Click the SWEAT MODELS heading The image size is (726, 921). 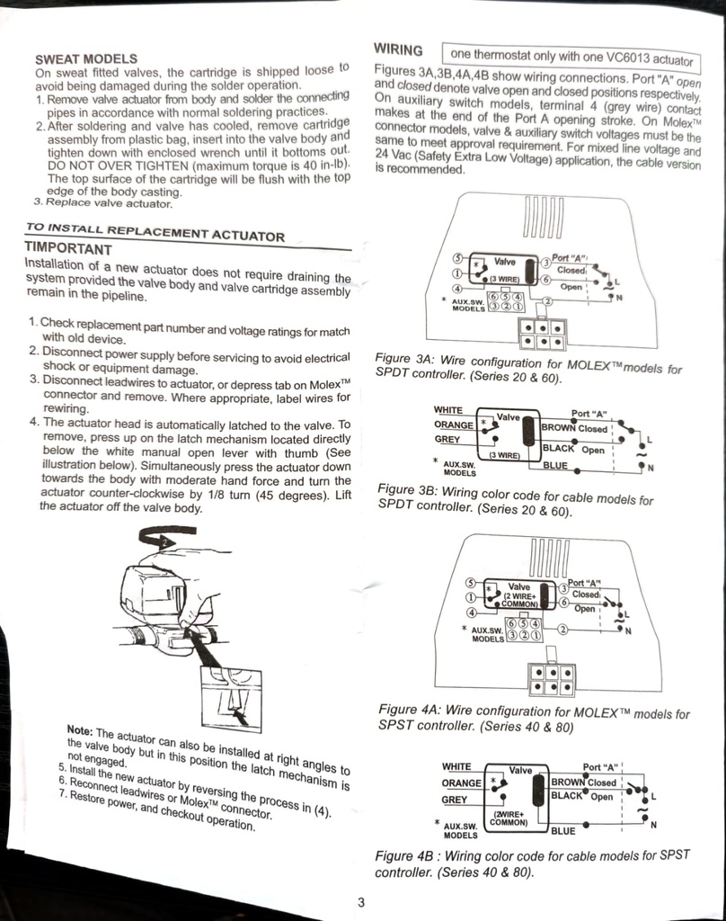click(86, 58)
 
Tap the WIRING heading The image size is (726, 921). click(398, 50)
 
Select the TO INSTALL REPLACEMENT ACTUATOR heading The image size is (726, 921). click(155, 232)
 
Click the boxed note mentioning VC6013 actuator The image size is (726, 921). click(571, 58)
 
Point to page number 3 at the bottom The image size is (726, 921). click(361, 901)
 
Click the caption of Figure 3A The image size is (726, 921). click(528, 368)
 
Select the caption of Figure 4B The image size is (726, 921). click(532, 863)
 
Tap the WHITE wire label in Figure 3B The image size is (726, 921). click(448, 410)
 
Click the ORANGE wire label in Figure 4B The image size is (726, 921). click(461, 783)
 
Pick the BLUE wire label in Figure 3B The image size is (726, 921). click(555, 465)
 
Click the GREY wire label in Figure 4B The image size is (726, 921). click(455, 800)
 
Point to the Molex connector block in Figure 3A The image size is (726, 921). click(543, 335)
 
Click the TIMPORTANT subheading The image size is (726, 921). click(68, 248)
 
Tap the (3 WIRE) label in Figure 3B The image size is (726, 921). click(505, 455)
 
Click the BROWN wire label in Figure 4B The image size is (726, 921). click(568, 782)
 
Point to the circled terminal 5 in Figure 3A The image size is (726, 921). click(459, 259)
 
